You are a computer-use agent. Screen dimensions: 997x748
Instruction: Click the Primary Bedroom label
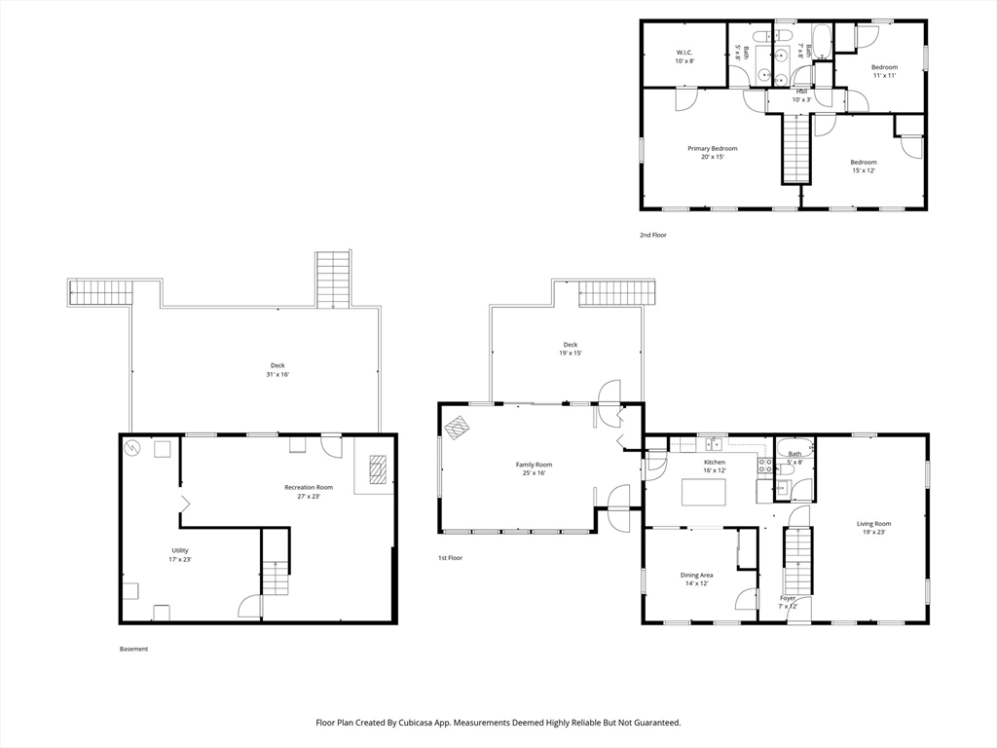coord(712,149)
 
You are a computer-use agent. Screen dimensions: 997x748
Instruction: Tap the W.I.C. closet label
coord(684,53)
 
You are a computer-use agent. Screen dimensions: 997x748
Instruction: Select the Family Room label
coord(535,465)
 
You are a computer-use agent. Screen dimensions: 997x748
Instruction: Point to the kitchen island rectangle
coord(704,492)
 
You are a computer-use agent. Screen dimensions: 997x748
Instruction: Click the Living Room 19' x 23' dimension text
coord(873,533)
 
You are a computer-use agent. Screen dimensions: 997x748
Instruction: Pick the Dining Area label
coord(696,575)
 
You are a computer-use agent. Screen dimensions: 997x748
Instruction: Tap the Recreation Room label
coord(309,488)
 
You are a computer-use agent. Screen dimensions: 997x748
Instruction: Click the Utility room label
coord(180,551)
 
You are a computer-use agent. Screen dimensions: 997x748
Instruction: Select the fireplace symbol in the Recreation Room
coord(379,470)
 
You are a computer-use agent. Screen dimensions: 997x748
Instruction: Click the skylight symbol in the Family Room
coord(458,428)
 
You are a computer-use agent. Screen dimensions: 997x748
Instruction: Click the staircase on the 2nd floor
coord(794,149)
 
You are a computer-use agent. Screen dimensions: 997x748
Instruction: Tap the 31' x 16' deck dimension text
coord(277,375)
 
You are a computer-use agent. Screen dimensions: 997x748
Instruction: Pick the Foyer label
coord(788,599)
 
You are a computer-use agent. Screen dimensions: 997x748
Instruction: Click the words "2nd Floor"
coord(653,236)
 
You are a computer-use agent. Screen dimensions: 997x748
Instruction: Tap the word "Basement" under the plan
coord(133,650)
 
